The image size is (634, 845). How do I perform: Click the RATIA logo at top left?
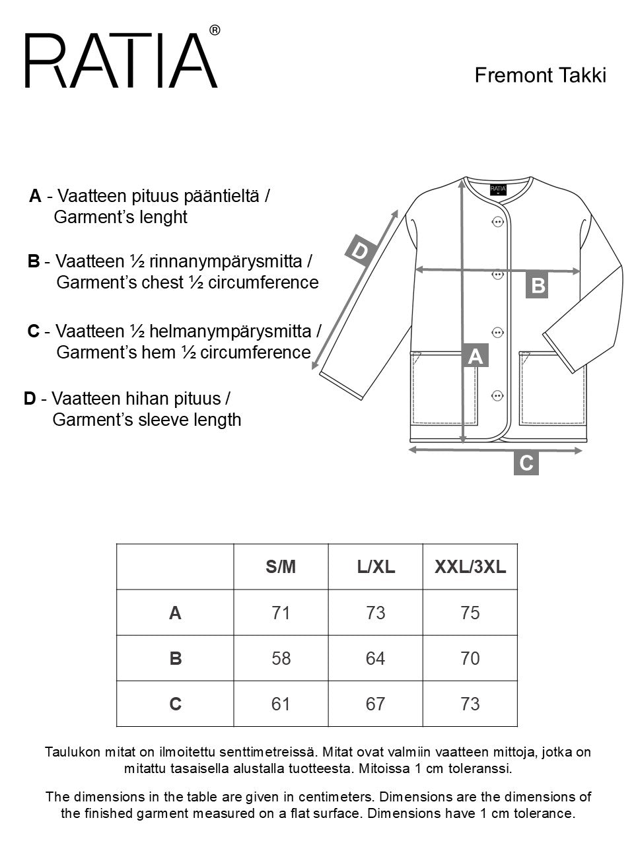[122, 61]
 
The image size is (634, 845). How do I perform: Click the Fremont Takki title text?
[540, 75]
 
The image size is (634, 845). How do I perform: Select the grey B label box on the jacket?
[538, 286]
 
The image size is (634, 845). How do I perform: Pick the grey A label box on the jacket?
[475, 356]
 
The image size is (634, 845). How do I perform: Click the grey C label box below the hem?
[526, 463]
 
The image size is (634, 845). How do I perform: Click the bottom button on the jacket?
[498, 395]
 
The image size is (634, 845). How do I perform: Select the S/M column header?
[281, 567]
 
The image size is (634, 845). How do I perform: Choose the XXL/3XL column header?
[470, 567]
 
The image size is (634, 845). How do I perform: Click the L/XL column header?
[375, 567]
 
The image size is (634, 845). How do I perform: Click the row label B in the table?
[175, 659]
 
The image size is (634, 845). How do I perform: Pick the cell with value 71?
[281, 613]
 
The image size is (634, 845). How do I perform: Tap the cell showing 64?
[375, 659]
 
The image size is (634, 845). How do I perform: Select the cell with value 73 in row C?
[470, 704]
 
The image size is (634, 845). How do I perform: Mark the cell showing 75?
[470, 613]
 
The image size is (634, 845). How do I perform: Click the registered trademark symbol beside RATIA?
[214, 30]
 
